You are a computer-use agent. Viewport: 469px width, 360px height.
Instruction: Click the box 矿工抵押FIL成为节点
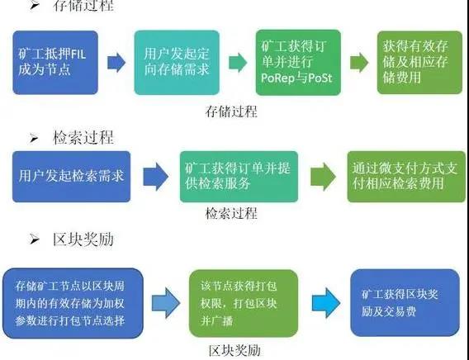[x=54, y=61]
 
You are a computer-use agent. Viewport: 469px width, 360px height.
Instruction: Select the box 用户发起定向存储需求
[x=173, y=61]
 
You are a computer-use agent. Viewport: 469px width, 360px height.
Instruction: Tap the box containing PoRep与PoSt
[x=296, y=63]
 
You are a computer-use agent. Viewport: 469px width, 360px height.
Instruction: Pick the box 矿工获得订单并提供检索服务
[x=231, y=177]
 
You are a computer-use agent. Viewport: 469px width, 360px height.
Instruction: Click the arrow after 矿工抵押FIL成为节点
[x=115, y=62]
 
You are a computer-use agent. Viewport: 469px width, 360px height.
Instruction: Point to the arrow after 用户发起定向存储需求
[x=236, y=62]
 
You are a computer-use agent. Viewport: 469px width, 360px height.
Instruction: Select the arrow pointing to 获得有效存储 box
[x=358, y=62]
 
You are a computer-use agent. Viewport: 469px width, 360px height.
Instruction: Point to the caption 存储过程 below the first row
[x=231, y=111]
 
